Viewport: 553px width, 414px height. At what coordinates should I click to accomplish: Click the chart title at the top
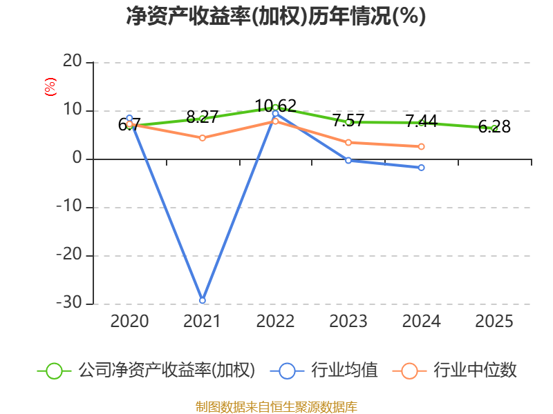[x=276, y=16]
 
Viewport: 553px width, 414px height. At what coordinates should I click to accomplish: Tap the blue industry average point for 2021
[x=203, y=300]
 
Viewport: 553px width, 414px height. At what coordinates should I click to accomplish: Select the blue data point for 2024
[x=422, y=168]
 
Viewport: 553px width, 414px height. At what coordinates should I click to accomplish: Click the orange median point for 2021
[x=203, y=138]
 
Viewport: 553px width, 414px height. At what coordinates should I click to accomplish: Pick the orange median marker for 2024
[x=422, y=146]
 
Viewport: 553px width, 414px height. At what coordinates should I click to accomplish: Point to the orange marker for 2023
[x=348, y=143]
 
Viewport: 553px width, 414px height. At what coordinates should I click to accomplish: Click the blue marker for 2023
[x=348, y=160]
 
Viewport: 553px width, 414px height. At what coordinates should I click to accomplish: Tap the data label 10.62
[x=275, y=106]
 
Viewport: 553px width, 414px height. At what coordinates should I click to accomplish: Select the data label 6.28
[x=494, y=126]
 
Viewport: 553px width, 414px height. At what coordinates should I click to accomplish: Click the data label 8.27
[x=203, y=117]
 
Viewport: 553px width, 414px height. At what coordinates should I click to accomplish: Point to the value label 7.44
[x=422, y=121]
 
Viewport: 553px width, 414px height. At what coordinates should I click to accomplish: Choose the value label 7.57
[x=348, y=120]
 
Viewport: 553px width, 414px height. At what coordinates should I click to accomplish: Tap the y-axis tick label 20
[x=73, y=61]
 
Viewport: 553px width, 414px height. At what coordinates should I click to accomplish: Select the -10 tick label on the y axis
[x=69, y=206]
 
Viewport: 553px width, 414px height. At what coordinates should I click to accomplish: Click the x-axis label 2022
[x=275, y=322]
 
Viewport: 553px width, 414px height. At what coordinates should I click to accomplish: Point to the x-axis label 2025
[x=494, y=322]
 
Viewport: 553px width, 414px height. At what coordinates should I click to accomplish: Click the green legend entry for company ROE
[x=146, y=371]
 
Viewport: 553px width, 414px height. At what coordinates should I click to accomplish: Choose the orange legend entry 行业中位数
[x=455, y=371]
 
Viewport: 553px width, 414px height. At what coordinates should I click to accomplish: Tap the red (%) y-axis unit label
[x=50, y=87]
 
